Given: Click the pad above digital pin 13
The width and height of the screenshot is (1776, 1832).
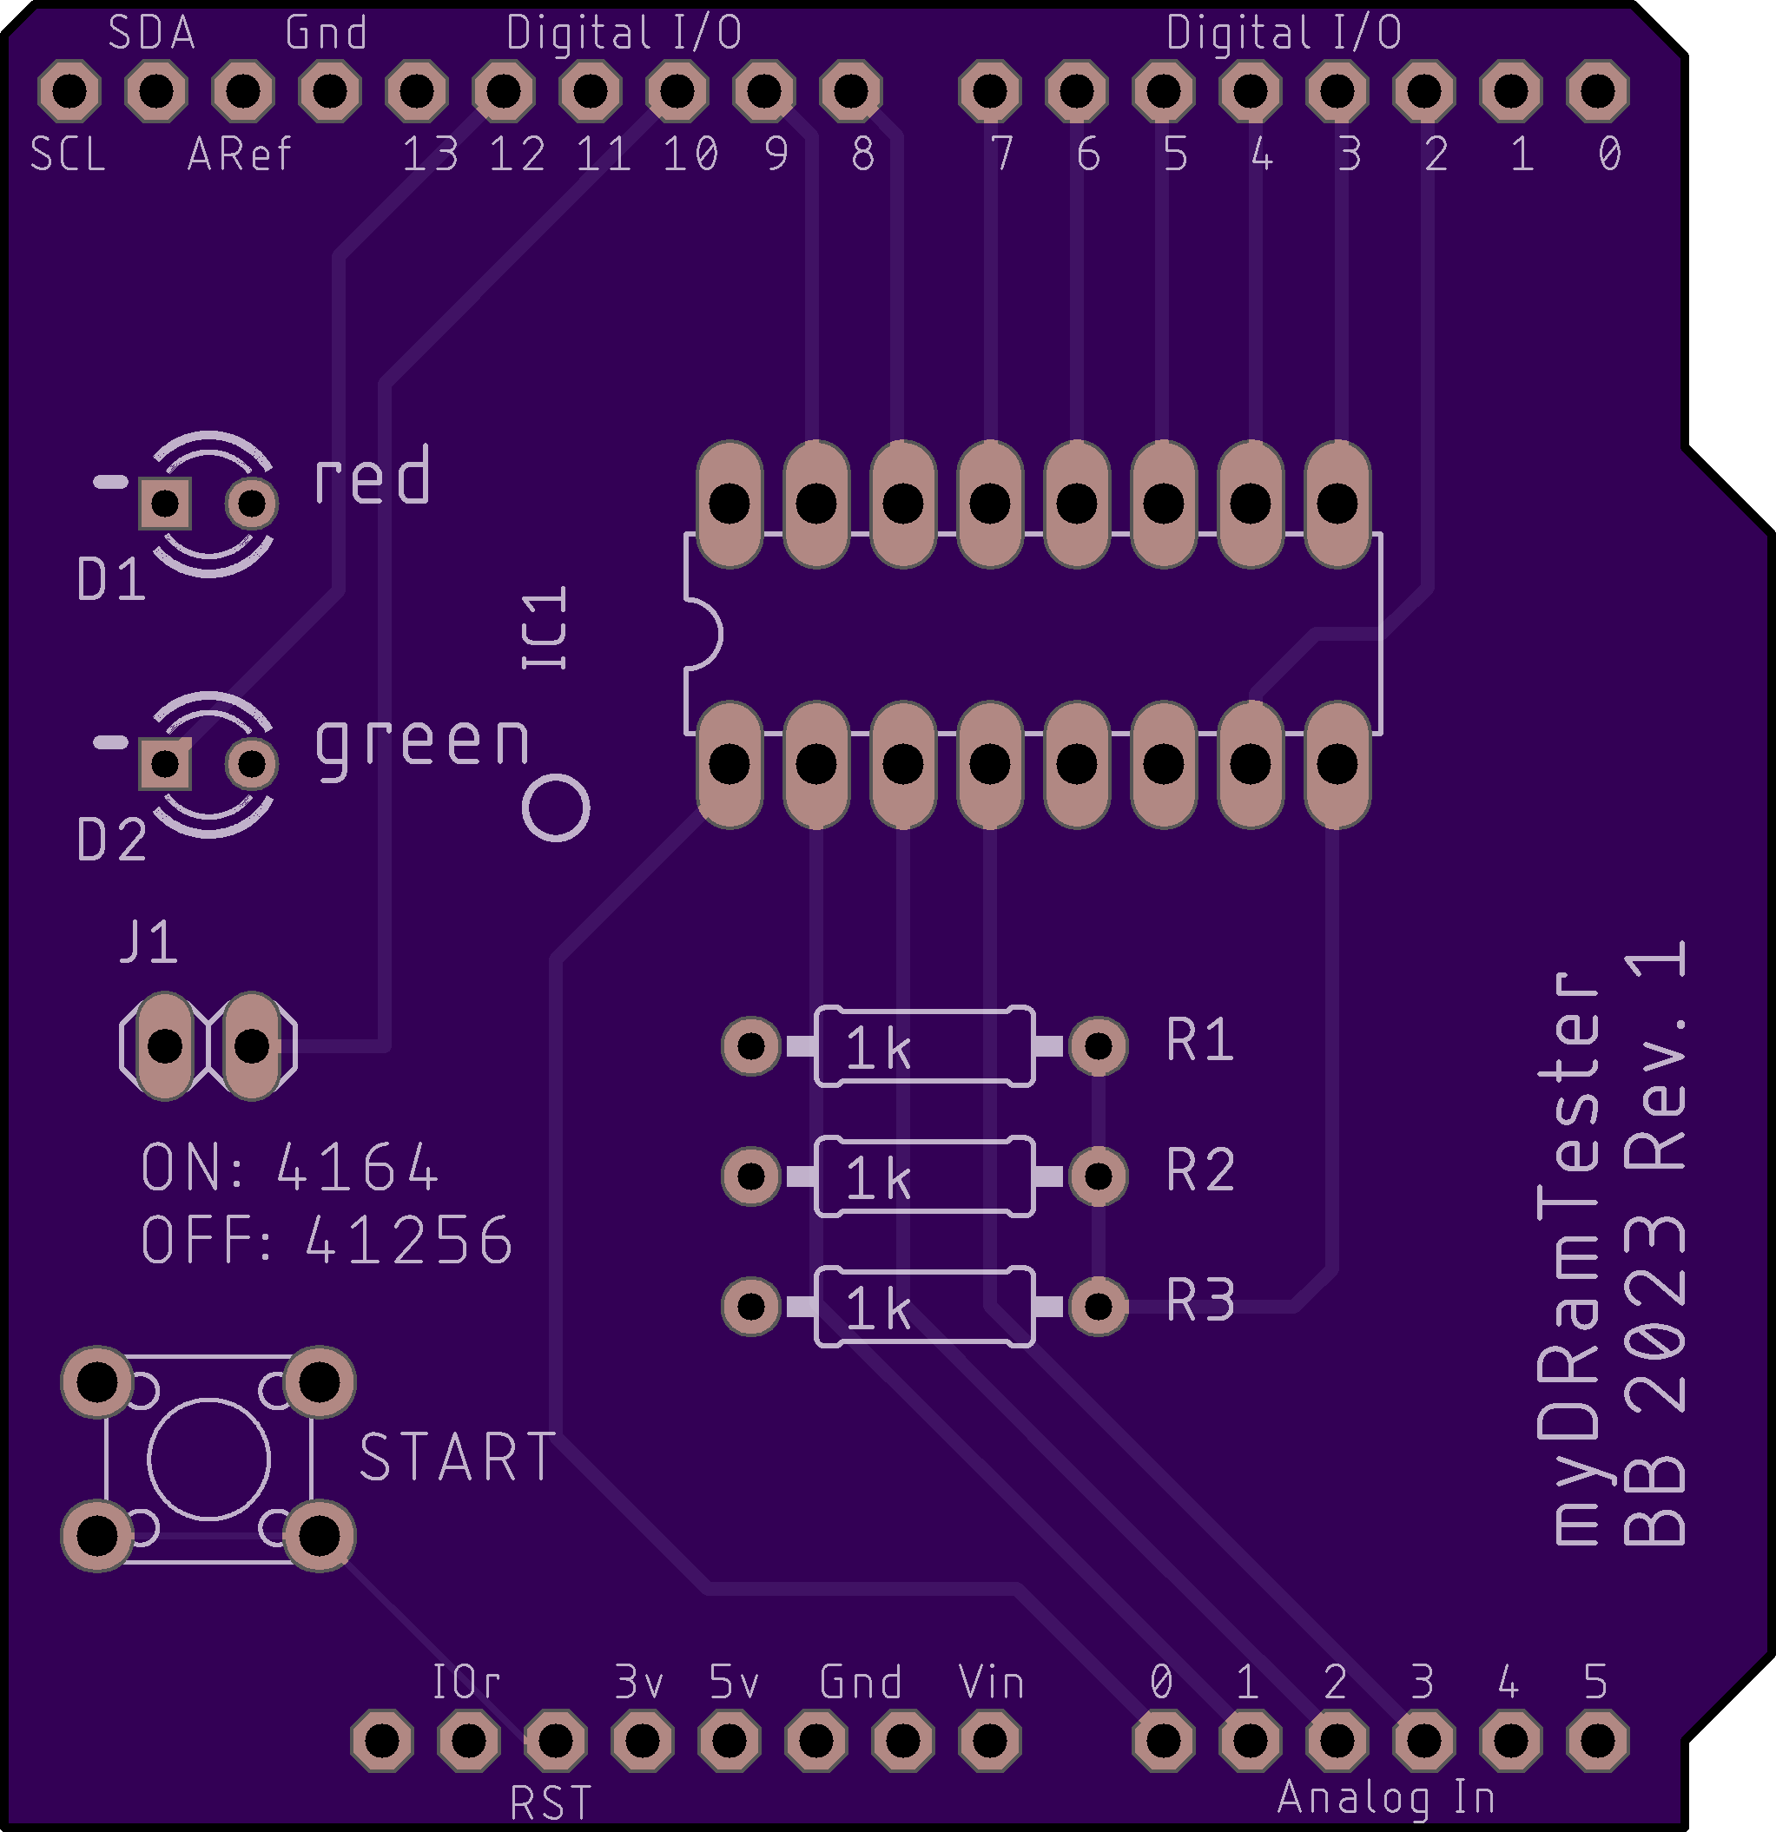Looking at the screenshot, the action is (417, 90).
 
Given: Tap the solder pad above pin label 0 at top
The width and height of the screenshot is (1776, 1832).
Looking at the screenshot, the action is (1597, 90).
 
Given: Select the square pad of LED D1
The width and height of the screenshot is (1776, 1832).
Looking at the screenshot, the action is (166, 504).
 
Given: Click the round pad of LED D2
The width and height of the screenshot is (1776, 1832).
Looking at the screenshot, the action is (252, 764).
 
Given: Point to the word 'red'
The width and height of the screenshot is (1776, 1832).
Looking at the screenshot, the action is (373, 476).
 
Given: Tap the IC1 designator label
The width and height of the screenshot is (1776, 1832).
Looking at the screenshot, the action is (544, 627).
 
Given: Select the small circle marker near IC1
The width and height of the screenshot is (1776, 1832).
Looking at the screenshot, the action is (556, 807).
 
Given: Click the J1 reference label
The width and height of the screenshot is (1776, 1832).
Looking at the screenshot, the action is (149, 941).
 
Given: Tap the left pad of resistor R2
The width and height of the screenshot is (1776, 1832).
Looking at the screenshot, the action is (751, 1176).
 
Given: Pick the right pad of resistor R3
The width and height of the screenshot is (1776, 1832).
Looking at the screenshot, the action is (1099, 1306).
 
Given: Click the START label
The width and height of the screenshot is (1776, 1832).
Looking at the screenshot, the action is (458, 1457).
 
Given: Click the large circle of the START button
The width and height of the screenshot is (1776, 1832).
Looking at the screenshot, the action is (209, 1459).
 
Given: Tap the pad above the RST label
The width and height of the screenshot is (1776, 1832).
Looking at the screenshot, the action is (556, 1742).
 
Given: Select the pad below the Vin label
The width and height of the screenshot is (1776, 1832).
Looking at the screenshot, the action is (990, 1742).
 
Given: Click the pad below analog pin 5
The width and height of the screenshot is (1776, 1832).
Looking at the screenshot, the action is (1597, 1742).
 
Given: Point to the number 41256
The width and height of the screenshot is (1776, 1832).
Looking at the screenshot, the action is (409, 1241).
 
